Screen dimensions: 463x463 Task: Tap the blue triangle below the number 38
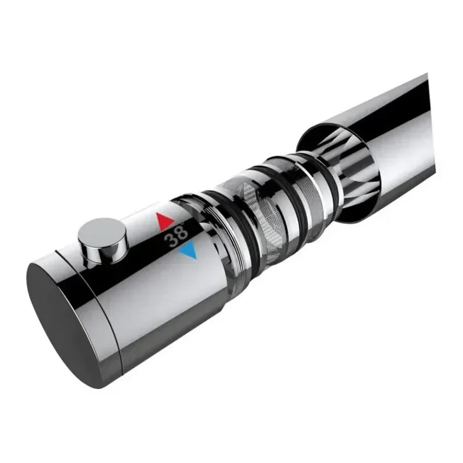point(187,252)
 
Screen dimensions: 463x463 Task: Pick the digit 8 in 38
point(182,233)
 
